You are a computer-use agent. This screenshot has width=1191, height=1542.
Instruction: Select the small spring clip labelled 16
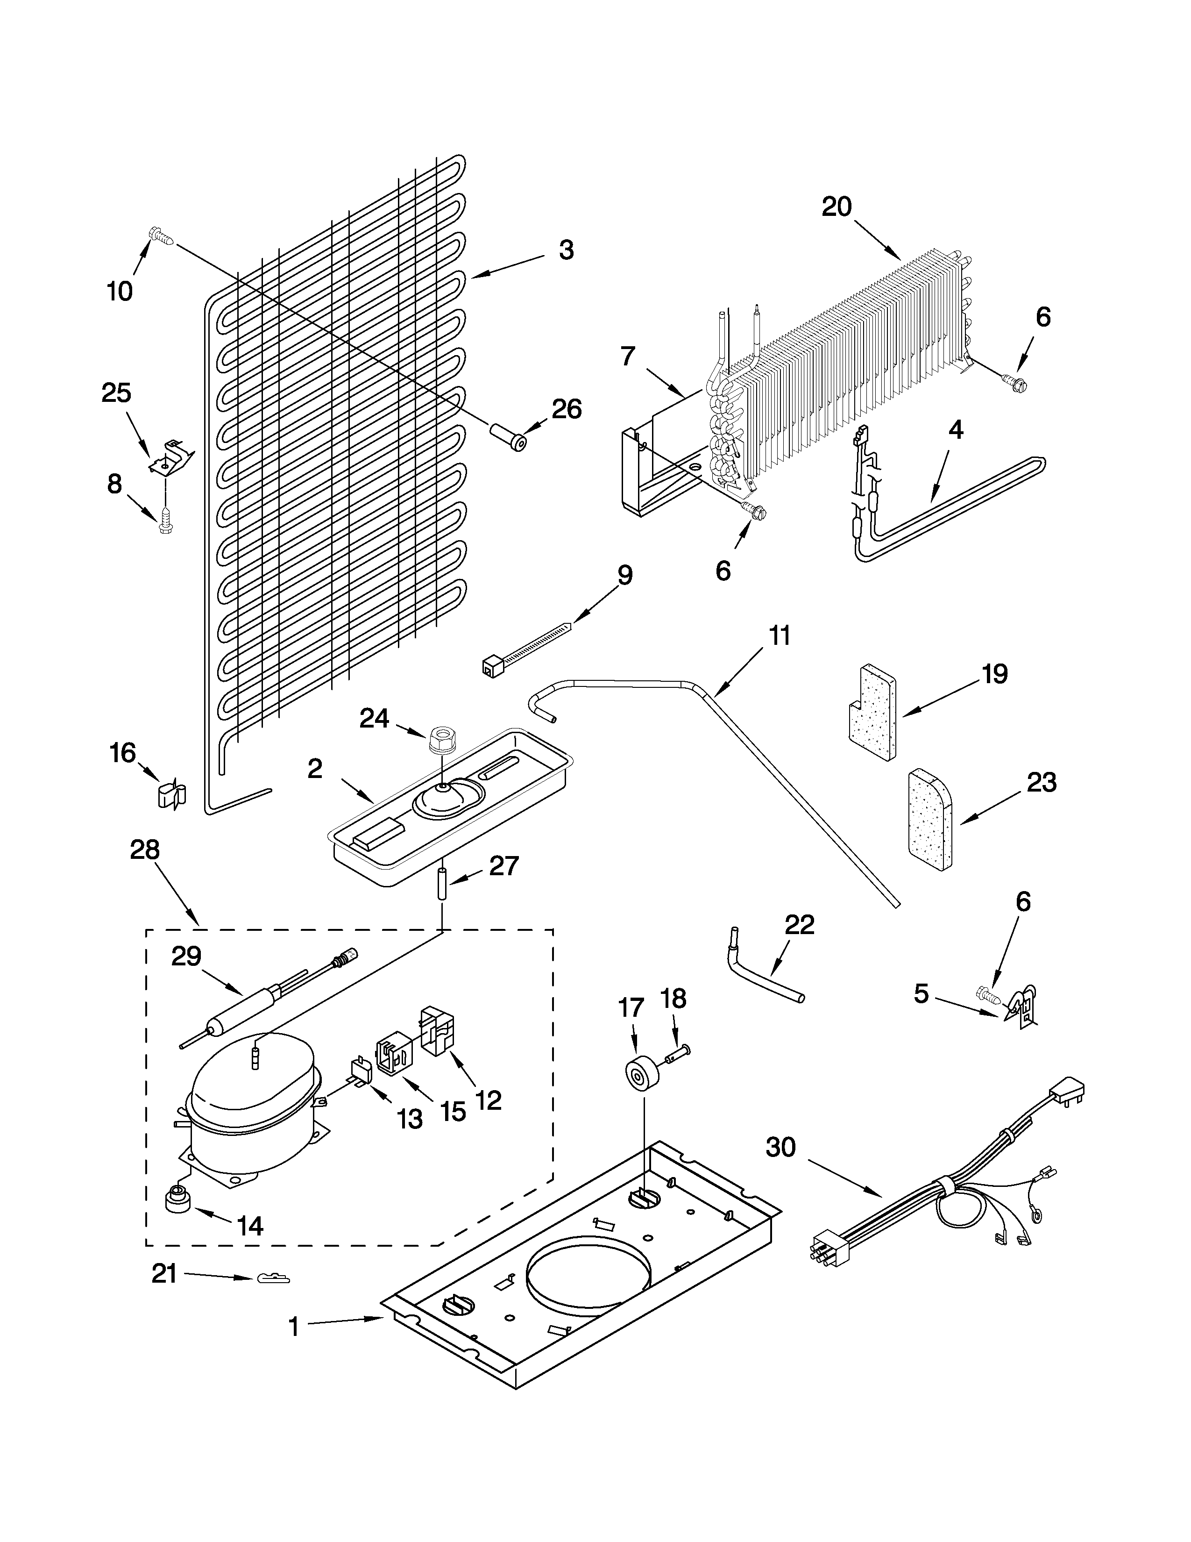(x=171, y=795)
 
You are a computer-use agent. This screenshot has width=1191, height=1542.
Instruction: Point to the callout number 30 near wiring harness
(x=780, y=1147)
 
